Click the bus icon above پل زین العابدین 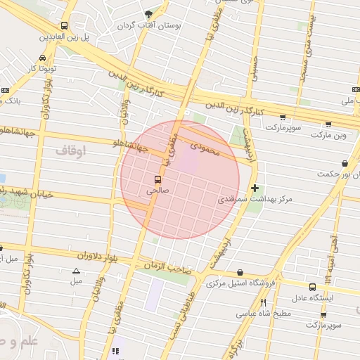pyautogui.click(x=65, y=25)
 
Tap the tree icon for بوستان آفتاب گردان pyautogui.click(x=148, y=14)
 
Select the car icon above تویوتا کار pyautogui.click(x=43, y=58)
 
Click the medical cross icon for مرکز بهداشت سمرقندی pyautogui.click(x=255, y=188)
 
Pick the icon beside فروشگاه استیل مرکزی pyautogui.click(x=240, y=273)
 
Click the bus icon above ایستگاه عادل pyautogui.click(x=312, y=287)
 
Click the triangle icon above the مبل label pyautogui.click(x=76, y=271)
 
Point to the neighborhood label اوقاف pyautogui.click(x=69, y=150)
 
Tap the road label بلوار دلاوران pyautogui.click(x=80, y=255)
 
